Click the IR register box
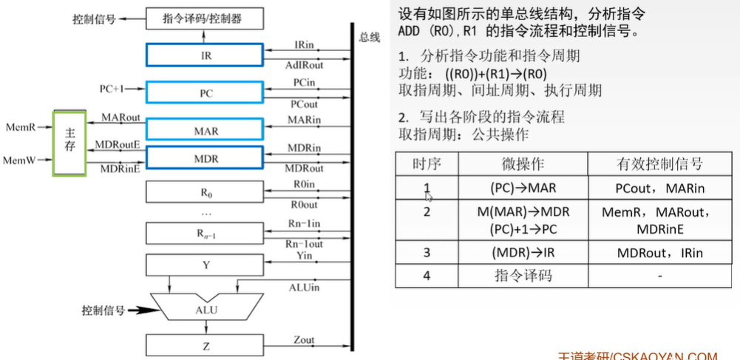coord(205,55)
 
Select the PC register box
coord(205,92)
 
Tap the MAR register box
coord(205,130)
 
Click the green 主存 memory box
coord(69,143)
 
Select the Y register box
coord(205,264)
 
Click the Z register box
coord(205,344)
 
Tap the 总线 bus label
coord(369,37)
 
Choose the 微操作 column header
coord(523,164)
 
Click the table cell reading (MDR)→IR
coord(523,252)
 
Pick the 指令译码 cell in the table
coord(523,276)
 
